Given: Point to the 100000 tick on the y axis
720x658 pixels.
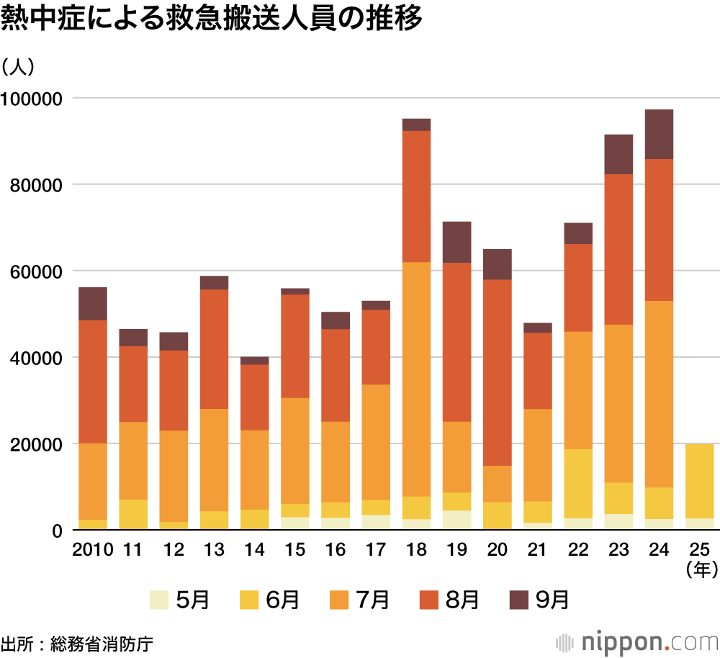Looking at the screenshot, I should (x=33, y=98).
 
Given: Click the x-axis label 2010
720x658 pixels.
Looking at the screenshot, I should (x=93, y=550).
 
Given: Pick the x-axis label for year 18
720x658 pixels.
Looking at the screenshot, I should (x=416, y=550).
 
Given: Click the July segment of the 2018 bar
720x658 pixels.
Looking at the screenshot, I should (x=416, y=379).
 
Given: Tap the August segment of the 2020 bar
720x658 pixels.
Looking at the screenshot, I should (x=497, y=372).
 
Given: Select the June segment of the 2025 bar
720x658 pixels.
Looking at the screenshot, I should (x=699, y=481).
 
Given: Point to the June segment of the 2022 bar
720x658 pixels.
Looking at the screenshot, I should (x=577, y=483).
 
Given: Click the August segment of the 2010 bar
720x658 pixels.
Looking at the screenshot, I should (x=93, y=382).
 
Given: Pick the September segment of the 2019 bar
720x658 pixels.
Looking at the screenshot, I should (x=456, y=242).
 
